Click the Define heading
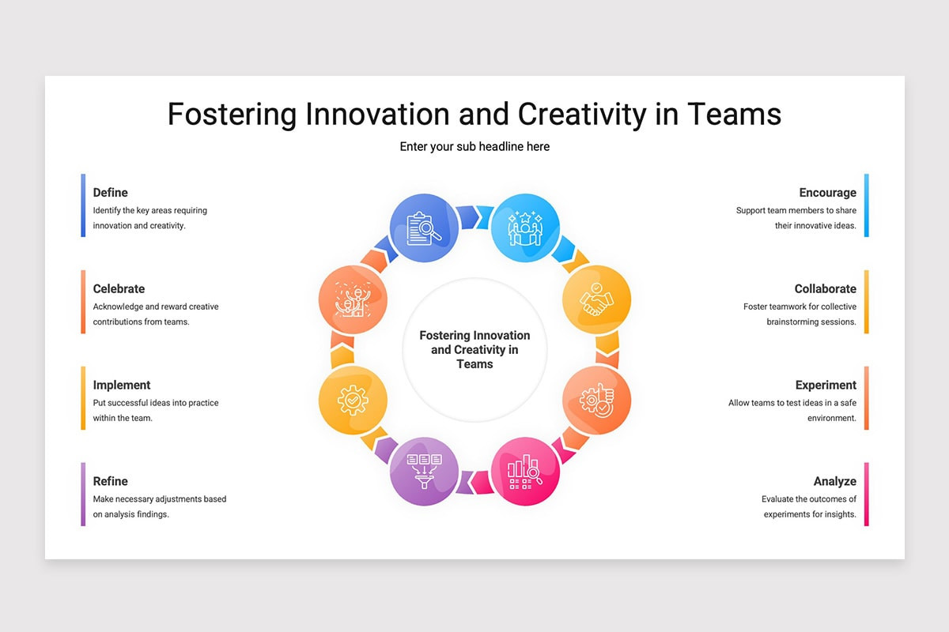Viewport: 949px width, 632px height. click(110, 193)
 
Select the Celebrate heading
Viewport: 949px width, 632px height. click(119, 288)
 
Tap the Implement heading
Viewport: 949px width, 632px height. click(122, 386)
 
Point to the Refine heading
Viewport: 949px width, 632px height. click(110, 481)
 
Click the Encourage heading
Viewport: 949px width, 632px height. click(827, 193)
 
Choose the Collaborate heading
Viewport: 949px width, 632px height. click(826, 288)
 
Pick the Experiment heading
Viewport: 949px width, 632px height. click(826, 386)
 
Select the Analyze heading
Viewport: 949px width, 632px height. click(834, 482)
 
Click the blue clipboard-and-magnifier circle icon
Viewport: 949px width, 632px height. click(424, 228)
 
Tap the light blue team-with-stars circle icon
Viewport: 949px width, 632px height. click(525, 228)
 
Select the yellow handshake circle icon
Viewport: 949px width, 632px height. click(596, 299)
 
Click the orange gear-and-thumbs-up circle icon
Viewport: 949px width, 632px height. click(596, 401)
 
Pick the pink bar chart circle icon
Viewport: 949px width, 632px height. click(525, 472)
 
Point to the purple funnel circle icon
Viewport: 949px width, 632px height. click(424, 472)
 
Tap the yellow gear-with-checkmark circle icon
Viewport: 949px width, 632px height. click(353, 401)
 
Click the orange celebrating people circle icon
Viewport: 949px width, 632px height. click(353, 299)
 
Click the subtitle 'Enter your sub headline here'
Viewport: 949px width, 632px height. click(475, 146)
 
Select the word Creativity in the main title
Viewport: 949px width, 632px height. click(582, 115)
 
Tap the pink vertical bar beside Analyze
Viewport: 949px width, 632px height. click(867, 494)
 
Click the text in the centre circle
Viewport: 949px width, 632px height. click(475, 350)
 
